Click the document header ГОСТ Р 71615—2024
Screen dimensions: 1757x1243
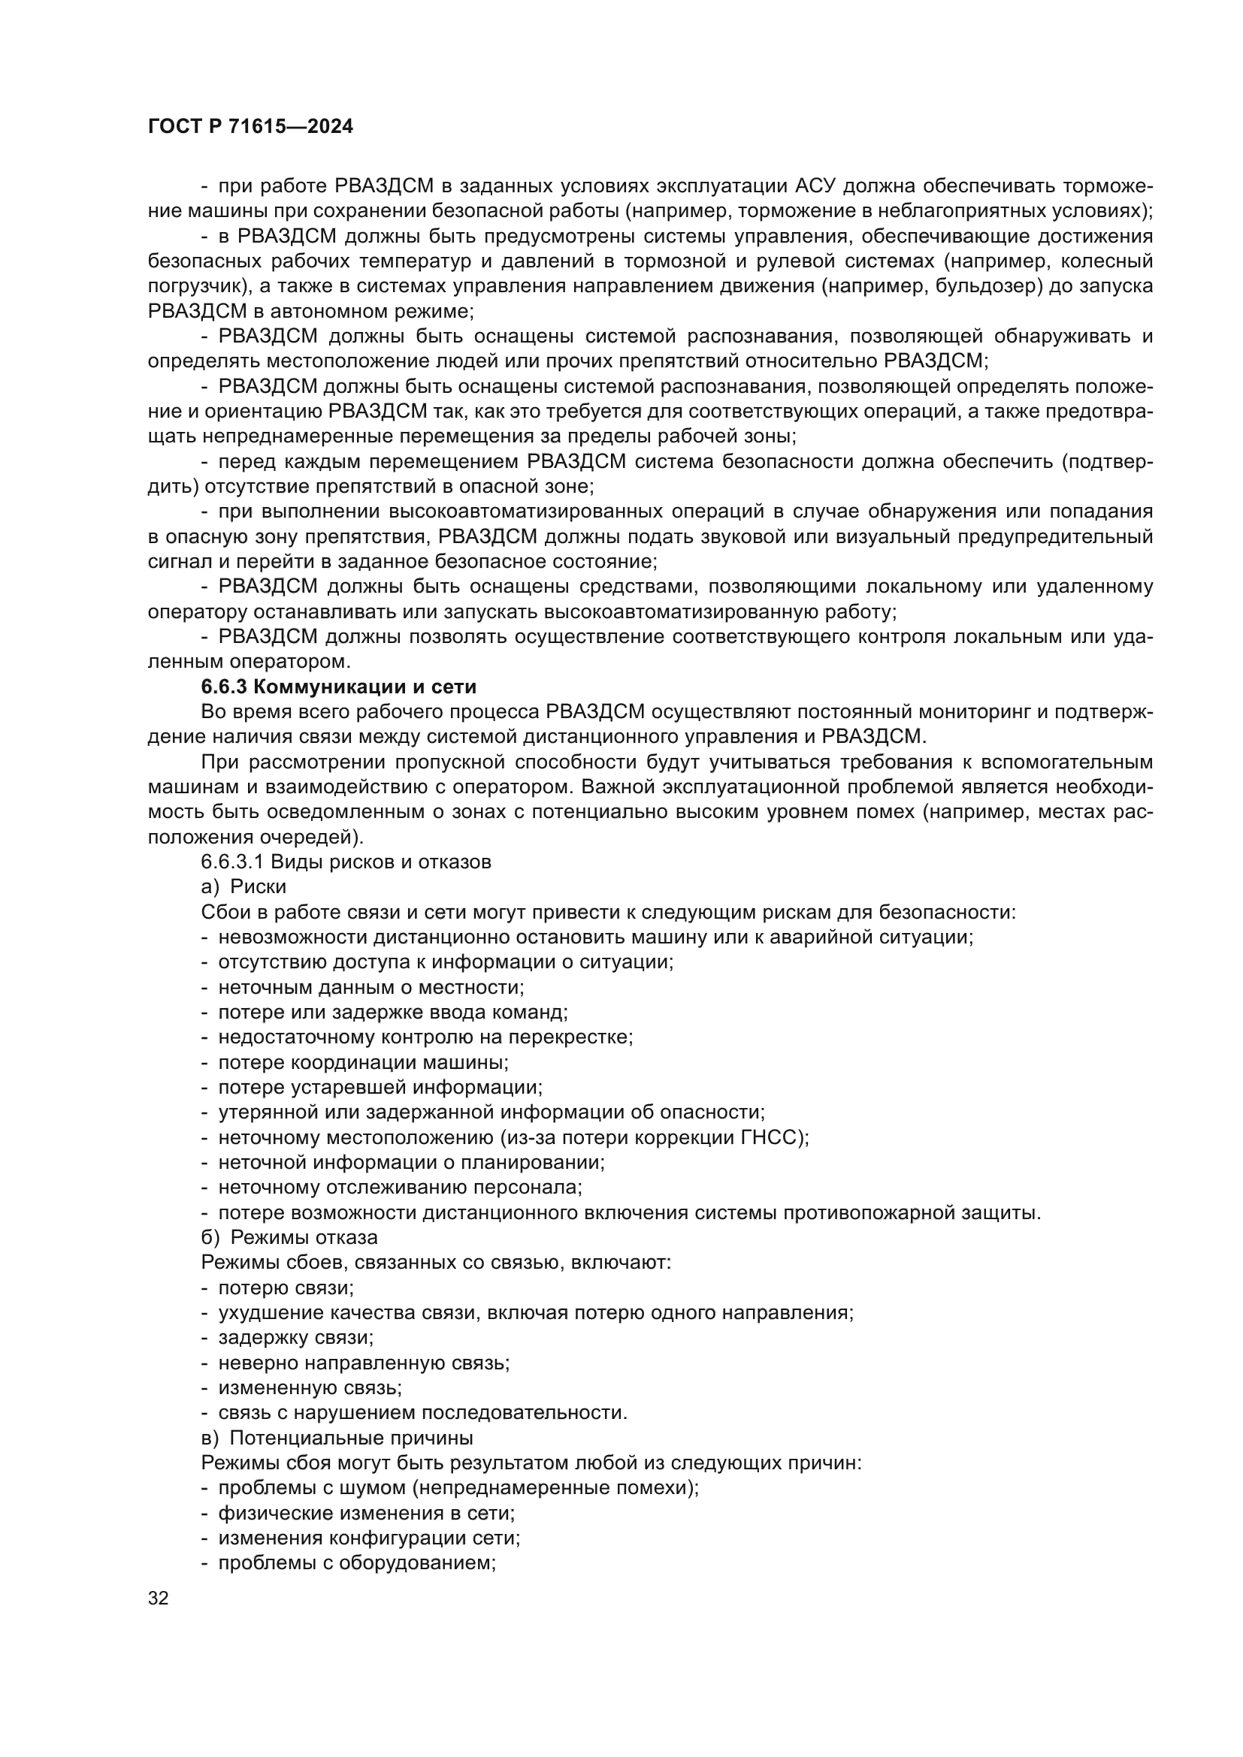tap(250, 127)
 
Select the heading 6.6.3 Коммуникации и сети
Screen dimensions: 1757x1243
tap(338, 687)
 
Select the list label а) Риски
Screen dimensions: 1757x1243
tap(243, 887)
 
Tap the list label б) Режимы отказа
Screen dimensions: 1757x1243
tap(289, 1237)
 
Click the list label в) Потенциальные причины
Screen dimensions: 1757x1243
tap(337, 1437)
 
